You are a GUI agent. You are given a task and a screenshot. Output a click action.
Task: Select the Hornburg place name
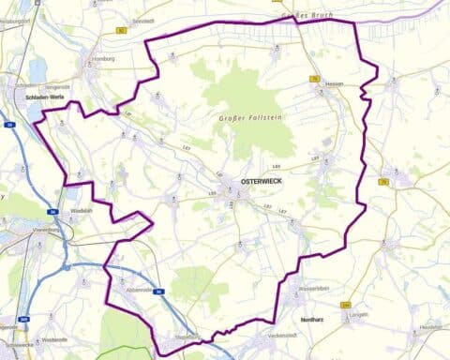(103, 58)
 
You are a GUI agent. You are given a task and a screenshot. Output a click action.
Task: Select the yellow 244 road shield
(347, 306)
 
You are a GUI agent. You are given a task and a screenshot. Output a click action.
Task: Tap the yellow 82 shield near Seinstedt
(121, 30)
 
